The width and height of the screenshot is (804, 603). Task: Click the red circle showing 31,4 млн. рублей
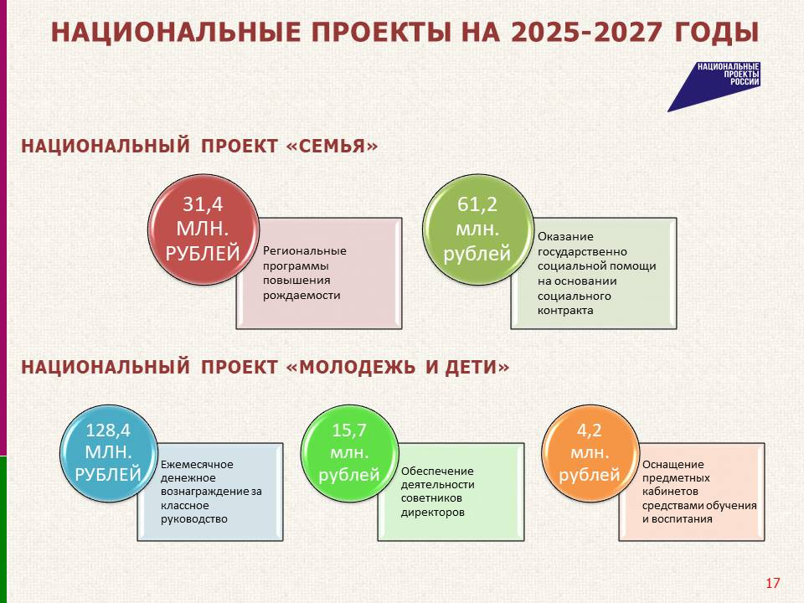(203, 229)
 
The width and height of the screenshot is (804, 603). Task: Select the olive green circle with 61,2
(478, 229)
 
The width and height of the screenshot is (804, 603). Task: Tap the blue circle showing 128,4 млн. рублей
(108, 453)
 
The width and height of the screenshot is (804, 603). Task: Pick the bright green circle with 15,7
(349, 453)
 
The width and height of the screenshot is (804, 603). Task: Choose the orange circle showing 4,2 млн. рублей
(590, 453)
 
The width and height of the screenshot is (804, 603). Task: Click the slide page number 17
(773, 583)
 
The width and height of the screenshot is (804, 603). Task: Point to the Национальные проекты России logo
(714, 86)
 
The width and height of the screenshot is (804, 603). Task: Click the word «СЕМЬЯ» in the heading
(332, 146)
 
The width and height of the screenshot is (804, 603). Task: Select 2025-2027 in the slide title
(586, 33)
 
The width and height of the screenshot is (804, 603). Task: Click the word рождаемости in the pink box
(301, 296)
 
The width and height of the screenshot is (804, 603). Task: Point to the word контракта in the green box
(565, 310)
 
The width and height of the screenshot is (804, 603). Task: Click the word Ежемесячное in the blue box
(197, 465)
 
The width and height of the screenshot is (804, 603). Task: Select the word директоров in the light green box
(433, 513)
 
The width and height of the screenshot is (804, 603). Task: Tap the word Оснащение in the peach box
(673, 465)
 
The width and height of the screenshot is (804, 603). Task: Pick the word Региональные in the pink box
(305, 251)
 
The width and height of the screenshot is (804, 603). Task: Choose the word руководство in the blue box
(193, 519)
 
